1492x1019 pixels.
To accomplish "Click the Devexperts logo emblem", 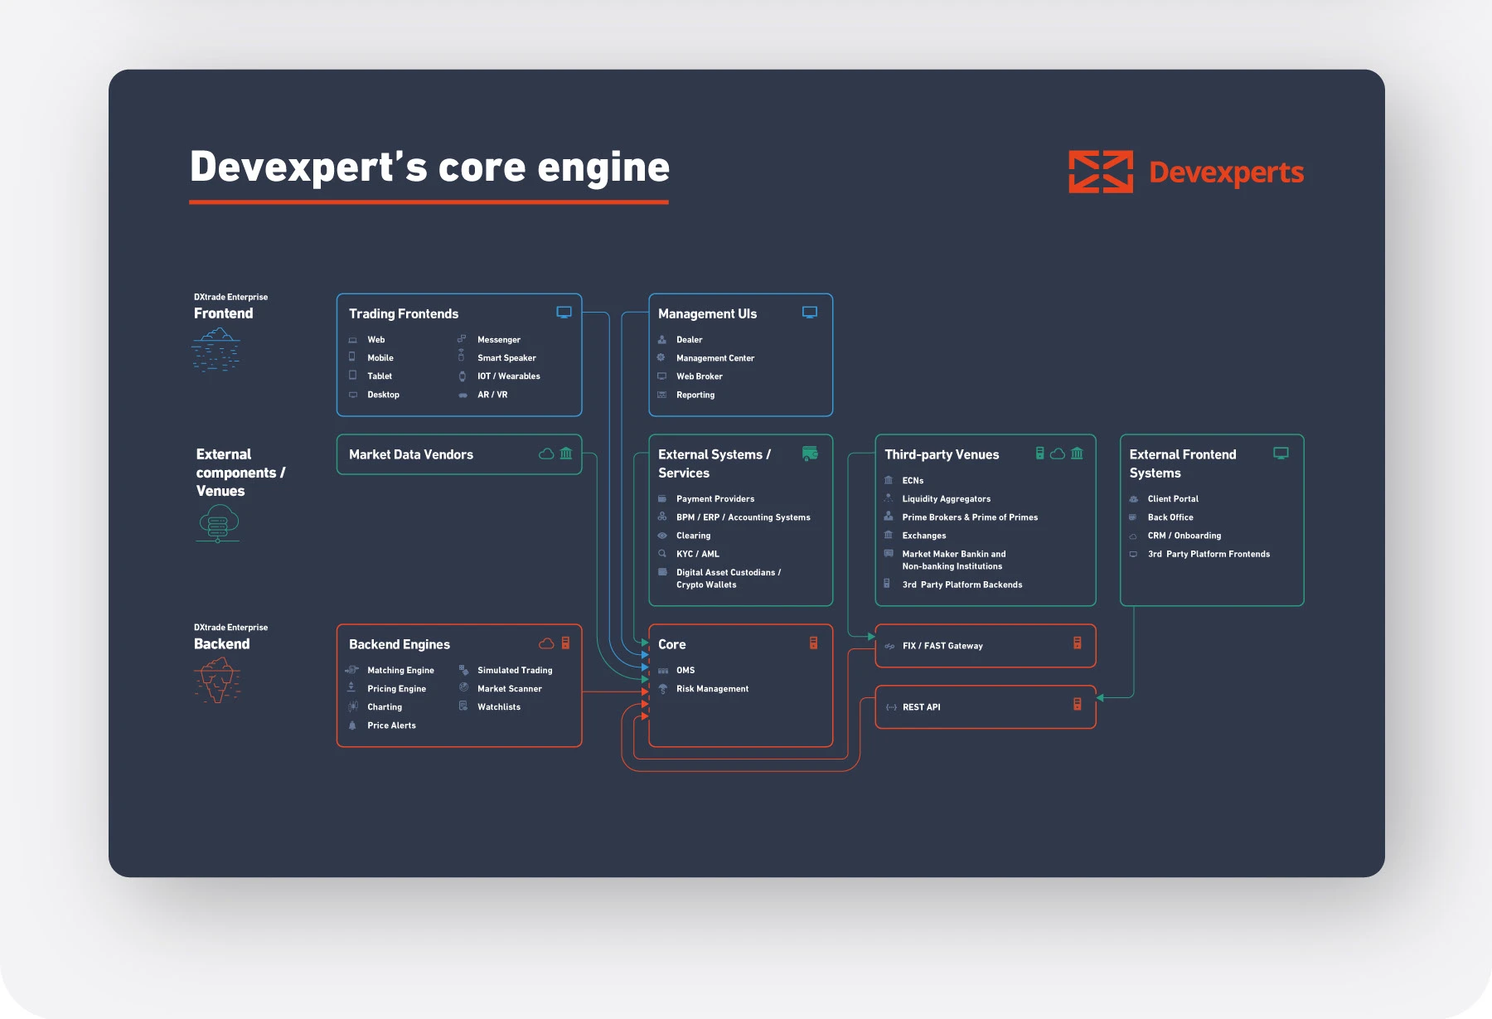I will tap(1100, 172).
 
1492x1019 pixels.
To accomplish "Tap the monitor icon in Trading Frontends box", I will tap(564, 313).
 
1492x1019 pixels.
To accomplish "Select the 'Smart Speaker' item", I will tap(506, 358).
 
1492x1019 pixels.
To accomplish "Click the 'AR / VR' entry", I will tap(492, 395).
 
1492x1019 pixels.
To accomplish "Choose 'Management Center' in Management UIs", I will tap(715, 358).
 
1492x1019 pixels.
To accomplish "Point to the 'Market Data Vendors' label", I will tap(410, 454).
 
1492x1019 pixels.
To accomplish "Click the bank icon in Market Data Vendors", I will tap(566, 454).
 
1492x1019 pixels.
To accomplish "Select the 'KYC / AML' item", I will tap(697, 554).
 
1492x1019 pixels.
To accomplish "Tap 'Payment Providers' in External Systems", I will tap(715, 499).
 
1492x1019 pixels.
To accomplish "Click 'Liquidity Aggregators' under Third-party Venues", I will tap(946, 499).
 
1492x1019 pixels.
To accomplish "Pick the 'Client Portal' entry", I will tap(1172, 499).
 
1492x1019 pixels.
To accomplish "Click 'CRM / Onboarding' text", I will tap(1184, 536).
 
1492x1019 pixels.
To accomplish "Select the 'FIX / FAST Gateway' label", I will tap(942, 646).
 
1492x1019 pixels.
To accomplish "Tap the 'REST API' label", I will tap(921, 707).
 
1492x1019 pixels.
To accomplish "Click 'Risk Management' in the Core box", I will tap(712, 689).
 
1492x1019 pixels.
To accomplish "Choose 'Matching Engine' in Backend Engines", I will tap(400, 671).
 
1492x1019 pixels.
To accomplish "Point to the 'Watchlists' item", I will tap(498, 707).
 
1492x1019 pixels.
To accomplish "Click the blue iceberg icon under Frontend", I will tap(216, 349).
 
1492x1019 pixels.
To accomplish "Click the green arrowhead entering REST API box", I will tap(1100, 698).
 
